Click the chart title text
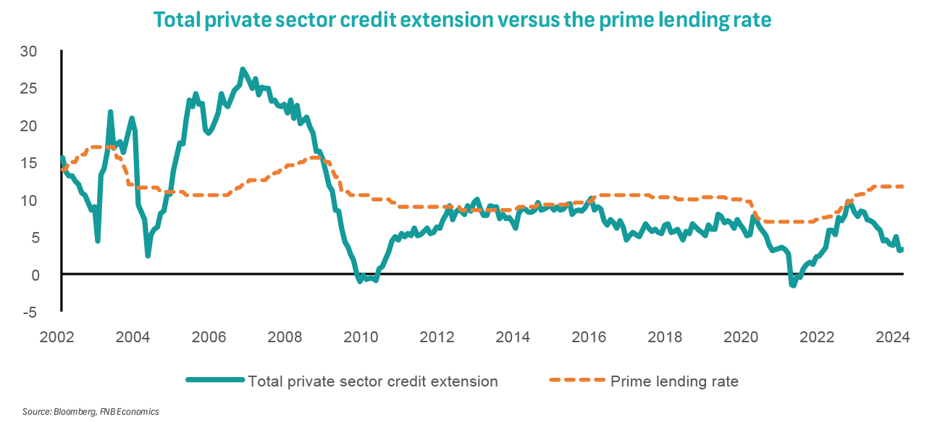coord(463,20)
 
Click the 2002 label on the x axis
coord(57,337)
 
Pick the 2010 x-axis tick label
coord(361,337)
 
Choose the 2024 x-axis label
coord(893,337)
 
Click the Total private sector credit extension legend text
coord(372,381)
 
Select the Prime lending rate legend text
coord(674,381)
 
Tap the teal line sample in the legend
coord(214,381)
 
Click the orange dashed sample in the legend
coord(576,381)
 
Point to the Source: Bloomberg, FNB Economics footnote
coord(91,411)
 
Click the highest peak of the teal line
coord(242,69)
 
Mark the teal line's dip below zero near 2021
coord(793,285)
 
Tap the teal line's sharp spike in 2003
coord(110,112)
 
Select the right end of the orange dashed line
coord(902,186)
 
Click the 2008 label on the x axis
coord(285,337)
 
